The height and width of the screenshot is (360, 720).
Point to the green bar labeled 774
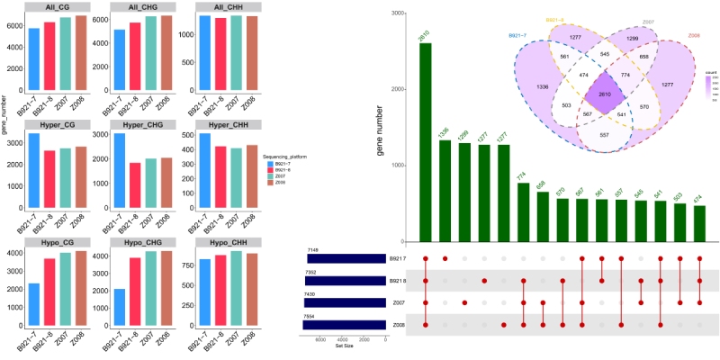(x=523, y=212)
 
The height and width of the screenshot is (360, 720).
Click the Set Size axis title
(x=346, y=346)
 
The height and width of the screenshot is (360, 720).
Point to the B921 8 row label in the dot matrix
(x=399, y=281)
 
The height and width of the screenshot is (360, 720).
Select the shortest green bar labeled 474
(x=700, y=224)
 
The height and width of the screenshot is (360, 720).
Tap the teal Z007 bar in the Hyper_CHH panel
(x=236, y=180)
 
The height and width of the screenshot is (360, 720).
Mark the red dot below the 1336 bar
(x=445, y=259)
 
